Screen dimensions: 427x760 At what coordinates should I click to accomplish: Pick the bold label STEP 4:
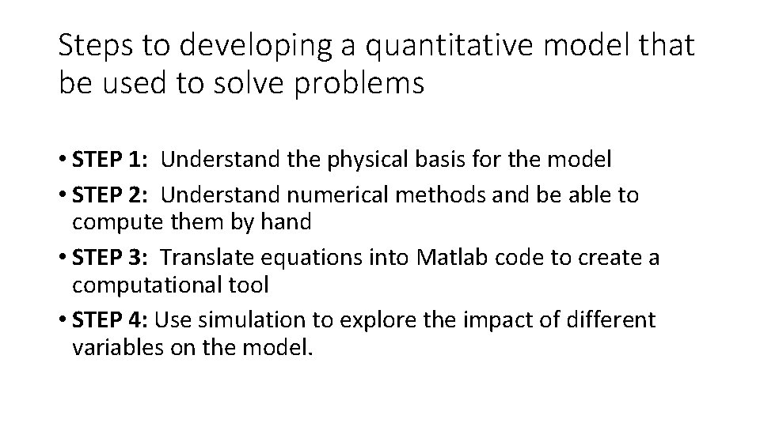[112, 319]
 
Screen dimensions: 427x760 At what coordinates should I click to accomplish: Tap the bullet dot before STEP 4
[63, 320]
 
